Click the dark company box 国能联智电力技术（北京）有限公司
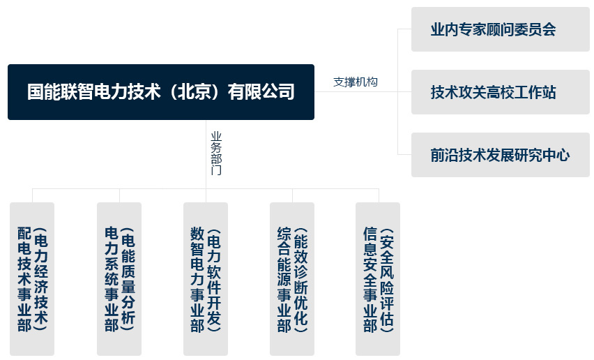(161, 92)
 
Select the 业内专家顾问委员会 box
(501, 29)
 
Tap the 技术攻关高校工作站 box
(501, 92)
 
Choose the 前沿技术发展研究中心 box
(501, 155)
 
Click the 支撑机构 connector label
(356, 82)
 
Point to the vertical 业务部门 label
(216, 153)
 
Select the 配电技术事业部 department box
(32, 279)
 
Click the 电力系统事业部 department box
(119, 279)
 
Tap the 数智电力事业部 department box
(206, 279)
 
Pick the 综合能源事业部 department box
(292, 279)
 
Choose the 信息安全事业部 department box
(378, 279)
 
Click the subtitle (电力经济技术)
(40, 279)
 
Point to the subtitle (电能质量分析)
(128, 279)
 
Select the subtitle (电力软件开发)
(214, 280)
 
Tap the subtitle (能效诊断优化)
(300, 280)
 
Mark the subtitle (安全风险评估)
(387, 280)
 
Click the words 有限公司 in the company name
(261, 92)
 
